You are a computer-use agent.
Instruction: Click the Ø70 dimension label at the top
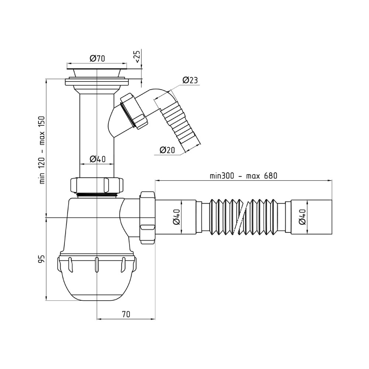pyautogui.click(x=97, y=58)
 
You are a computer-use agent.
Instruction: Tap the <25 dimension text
pyautogui.click(x=137, y=56)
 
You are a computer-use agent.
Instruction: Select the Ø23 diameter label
pyautogui.click(x=190, y=80)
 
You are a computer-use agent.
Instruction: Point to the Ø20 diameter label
pyautogui.click(x=167, y=150)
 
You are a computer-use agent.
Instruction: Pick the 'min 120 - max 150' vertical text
pyautogui.click(x=42, y=150)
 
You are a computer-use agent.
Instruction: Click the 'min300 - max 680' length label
pyautogui.click(x=244, y=176)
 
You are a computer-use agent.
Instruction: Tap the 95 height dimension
pyautogui.click(x=42, y=259)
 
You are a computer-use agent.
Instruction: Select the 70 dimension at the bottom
pyautogui.click(x=126, y=314)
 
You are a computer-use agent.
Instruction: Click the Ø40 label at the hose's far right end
pyautogui.click(x=302, y=217)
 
